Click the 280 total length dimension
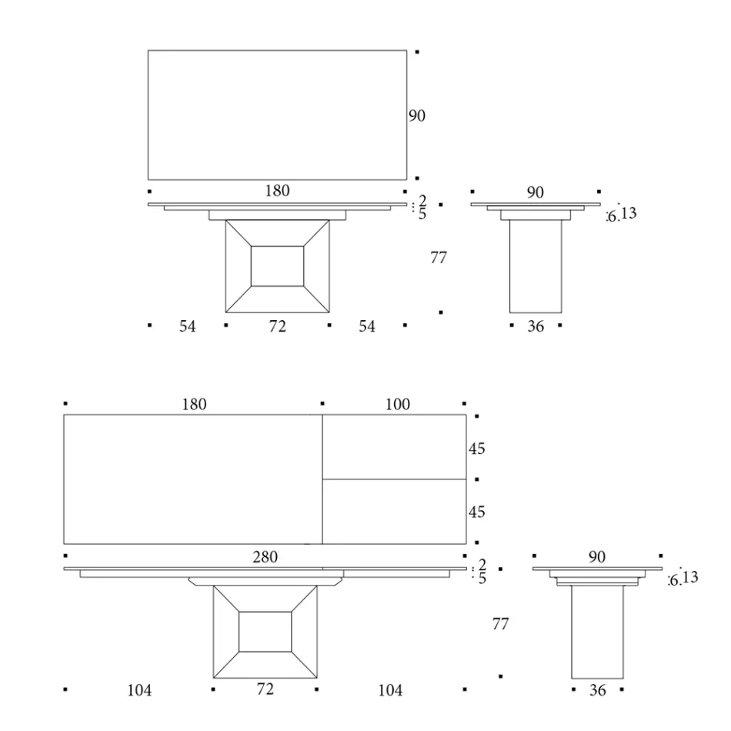[x=265, y=556]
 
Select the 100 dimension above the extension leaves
[x=399, y=404]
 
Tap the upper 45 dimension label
[x=478, y=449]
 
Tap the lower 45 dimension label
[x=478, y=512]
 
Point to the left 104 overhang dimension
[x=139, y=690]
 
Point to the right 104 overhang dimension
[x=390, y=690]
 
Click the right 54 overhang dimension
[x=367, y=326]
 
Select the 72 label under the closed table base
[x=277, y=326]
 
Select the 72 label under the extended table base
[x=265, y=689]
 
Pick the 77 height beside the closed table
[x=438, y=259]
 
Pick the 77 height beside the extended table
[x=500, y=624]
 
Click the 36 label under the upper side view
[x=536, y=326]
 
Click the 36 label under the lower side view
[x=597, y=690]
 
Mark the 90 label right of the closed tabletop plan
[x=417, y=116]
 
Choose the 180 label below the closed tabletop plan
[x=277, y=191]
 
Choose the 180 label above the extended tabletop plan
[x=193, y=404]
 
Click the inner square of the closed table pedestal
[x=277, y=266]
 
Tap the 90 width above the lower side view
[x=597, y=557]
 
